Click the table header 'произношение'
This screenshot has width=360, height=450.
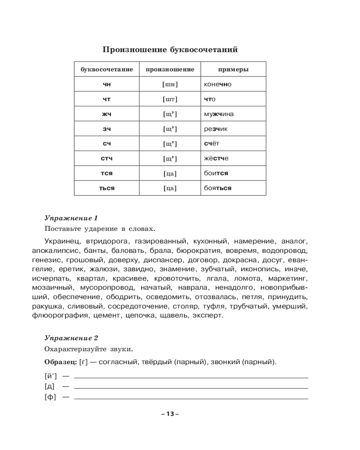click(x=170, y=70)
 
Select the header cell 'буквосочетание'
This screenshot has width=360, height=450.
click(x=107, y=70)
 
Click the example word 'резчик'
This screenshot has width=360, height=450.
click(x=216, y=129)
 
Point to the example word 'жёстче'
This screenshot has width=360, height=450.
click(x=216, y=158)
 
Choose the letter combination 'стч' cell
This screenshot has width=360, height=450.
click(x=107, y=158)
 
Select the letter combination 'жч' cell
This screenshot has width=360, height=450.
click(x=107, y=114)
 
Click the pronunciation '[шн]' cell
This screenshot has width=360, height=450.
click(x=170, y=84)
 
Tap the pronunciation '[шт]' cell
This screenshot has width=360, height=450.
click(x=170, y=99)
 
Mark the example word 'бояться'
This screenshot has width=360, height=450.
click(x=217, y=188)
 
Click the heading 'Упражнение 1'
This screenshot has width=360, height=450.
click(x=71, y=219)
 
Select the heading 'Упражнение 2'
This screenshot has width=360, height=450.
click(x=72, y=338)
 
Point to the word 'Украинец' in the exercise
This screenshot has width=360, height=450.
click(x=61, y=241)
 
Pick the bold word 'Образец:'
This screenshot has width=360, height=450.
click(x=61, y=362)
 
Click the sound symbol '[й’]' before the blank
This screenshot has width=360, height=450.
click(x=51, y=375)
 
